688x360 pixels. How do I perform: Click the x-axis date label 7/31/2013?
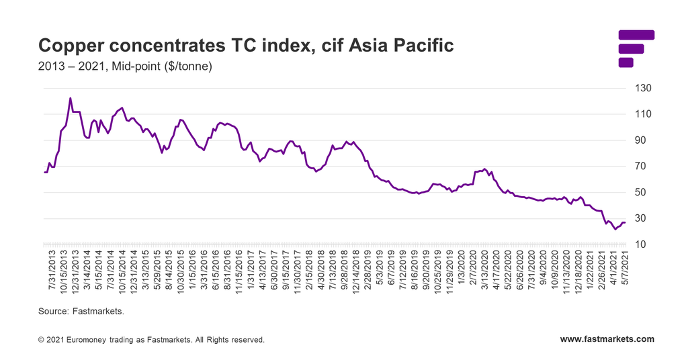[50, 271]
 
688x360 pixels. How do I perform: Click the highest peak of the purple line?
[71, 98]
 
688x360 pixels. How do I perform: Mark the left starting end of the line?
[44, 173]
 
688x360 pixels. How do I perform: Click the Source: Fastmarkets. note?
[81, 312]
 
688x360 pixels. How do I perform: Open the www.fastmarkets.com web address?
[607, 339]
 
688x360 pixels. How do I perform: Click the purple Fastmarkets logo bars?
[634, 48]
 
